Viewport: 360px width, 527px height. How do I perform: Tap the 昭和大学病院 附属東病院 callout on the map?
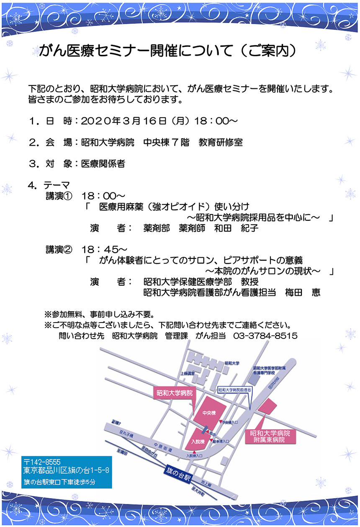[x=270, y=436]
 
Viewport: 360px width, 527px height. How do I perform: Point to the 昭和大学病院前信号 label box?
[x=235, y=389]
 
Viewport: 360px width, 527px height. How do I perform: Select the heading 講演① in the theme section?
[x=59, y=196]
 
